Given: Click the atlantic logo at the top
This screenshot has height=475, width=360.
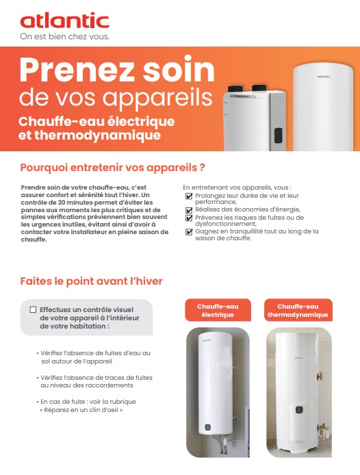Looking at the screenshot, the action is click(64, 21).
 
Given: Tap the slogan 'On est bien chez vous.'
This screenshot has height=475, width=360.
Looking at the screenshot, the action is click(64, 36).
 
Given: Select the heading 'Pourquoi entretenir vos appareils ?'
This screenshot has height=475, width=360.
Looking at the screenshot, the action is click(113, 167).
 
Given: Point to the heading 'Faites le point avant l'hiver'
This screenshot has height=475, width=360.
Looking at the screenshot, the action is click(91, 281).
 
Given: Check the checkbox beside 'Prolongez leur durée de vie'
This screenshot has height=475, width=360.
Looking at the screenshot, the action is click(189, 196).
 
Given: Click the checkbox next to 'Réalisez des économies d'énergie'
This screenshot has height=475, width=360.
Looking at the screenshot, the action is click(189, 209).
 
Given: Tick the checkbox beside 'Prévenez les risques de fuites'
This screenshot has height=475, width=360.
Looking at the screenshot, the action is click(189, 218).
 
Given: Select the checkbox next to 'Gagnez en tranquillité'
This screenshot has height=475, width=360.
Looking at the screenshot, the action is click(189, 232).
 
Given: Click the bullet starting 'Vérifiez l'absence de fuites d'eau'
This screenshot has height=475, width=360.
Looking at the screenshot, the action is click(95, 356).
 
